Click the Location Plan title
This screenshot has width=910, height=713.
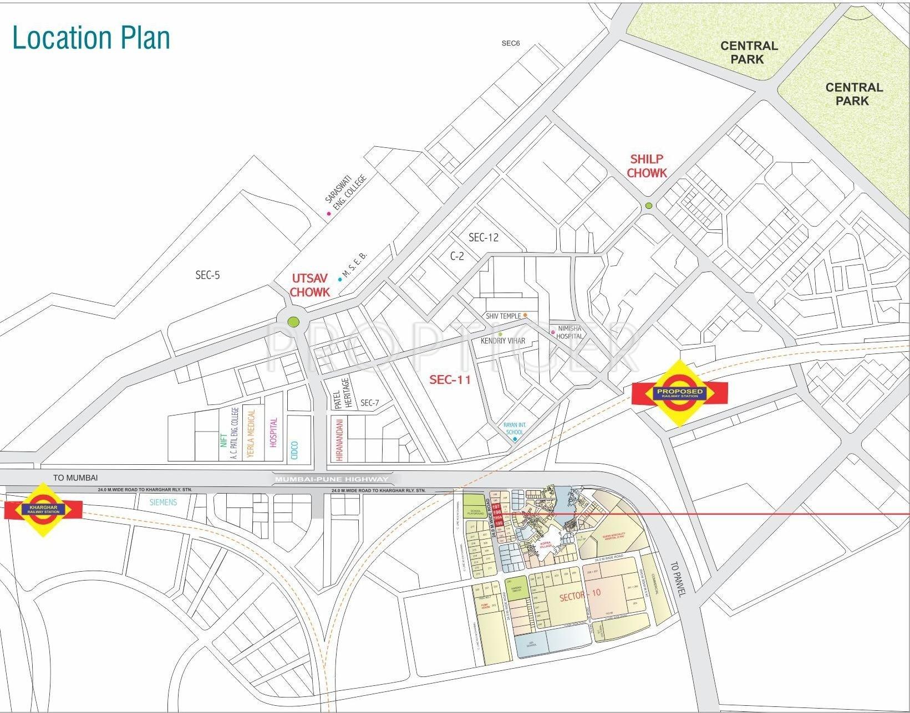click(x=91, y=38)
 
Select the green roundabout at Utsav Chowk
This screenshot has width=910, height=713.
click(x=293, y=321)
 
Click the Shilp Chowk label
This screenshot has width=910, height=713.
click(x=647, y=166)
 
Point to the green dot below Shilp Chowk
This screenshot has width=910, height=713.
click(x=648, y=206)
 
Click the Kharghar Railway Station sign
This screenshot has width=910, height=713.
click(x=43, y=510)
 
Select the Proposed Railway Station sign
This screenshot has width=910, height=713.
click(x=679, y=393)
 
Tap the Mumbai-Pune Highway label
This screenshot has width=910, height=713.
click(x=332, y=479)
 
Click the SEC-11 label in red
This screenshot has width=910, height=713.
click(x=450, y=379)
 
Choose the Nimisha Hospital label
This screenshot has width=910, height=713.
click(x=570, y=332)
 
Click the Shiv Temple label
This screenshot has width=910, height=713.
click(x=503, y=316)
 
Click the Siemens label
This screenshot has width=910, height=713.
click(x=163, y=502)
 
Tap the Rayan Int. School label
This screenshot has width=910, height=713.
click(x=514, y=428)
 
